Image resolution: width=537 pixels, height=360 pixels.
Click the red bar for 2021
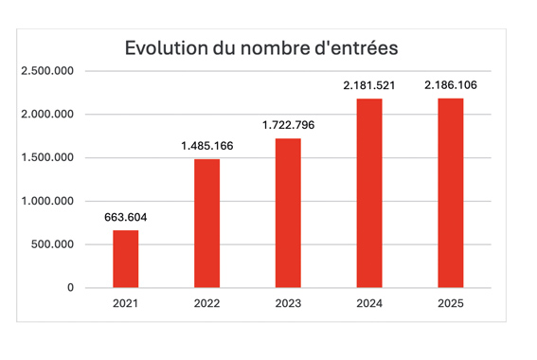coord(126,259)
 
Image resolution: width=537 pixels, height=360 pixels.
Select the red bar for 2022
coord(206,224)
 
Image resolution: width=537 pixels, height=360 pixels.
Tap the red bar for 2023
coord(288,213)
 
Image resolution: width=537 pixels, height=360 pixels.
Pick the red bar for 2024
coord(369,193)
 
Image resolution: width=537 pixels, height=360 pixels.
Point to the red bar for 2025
coord(451,193)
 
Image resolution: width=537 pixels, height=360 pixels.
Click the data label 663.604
coord(126,217)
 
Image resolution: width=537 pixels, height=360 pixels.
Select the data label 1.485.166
coord(206,146)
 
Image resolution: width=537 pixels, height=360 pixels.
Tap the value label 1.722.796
coord(288,125)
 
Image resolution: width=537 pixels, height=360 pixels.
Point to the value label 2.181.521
coord(369,85)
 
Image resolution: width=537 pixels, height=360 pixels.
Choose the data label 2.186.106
coord(451,85)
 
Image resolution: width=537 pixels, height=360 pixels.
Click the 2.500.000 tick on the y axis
coord(47,71)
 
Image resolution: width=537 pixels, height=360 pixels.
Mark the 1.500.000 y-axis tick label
coord(47,157)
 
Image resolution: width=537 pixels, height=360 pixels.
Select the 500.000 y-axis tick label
coord(52,244)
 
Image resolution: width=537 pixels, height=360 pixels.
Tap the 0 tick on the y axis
coord(70,288)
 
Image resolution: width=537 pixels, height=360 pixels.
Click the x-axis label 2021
coord(125,303)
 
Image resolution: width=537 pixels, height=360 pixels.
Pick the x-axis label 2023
coord(288,303)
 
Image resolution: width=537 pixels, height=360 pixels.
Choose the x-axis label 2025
coord(451,303)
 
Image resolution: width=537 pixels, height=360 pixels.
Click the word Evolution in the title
coord(166,47)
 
